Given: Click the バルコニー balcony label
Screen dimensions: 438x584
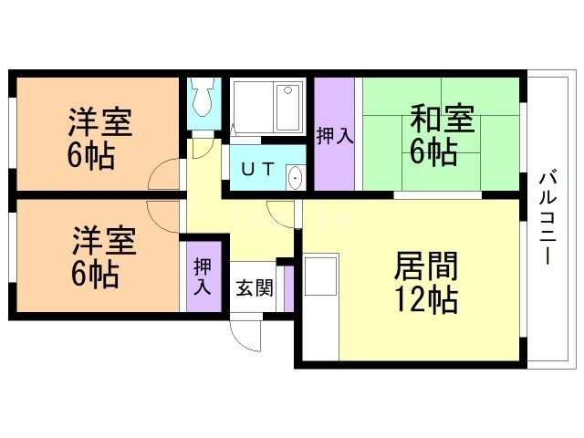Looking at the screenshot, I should pos(548,216).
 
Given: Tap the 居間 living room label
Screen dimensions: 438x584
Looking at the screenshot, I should pos(425,266).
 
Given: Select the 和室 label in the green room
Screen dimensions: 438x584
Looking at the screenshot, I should pos(442,120).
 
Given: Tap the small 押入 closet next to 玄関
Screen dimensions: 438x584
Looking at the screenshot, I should pos(203,276).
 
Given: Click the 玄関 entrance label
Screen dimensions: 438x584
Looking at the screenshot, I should pos(255,289).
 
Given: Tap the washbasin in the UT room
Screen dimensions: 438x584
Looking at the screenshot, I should pos(295,177).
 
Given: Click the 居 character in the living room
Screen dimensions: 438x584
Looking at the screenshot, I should pos(409,266).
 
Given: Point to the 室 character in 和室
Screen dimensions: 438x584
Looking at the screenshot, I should pos(458,120).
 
